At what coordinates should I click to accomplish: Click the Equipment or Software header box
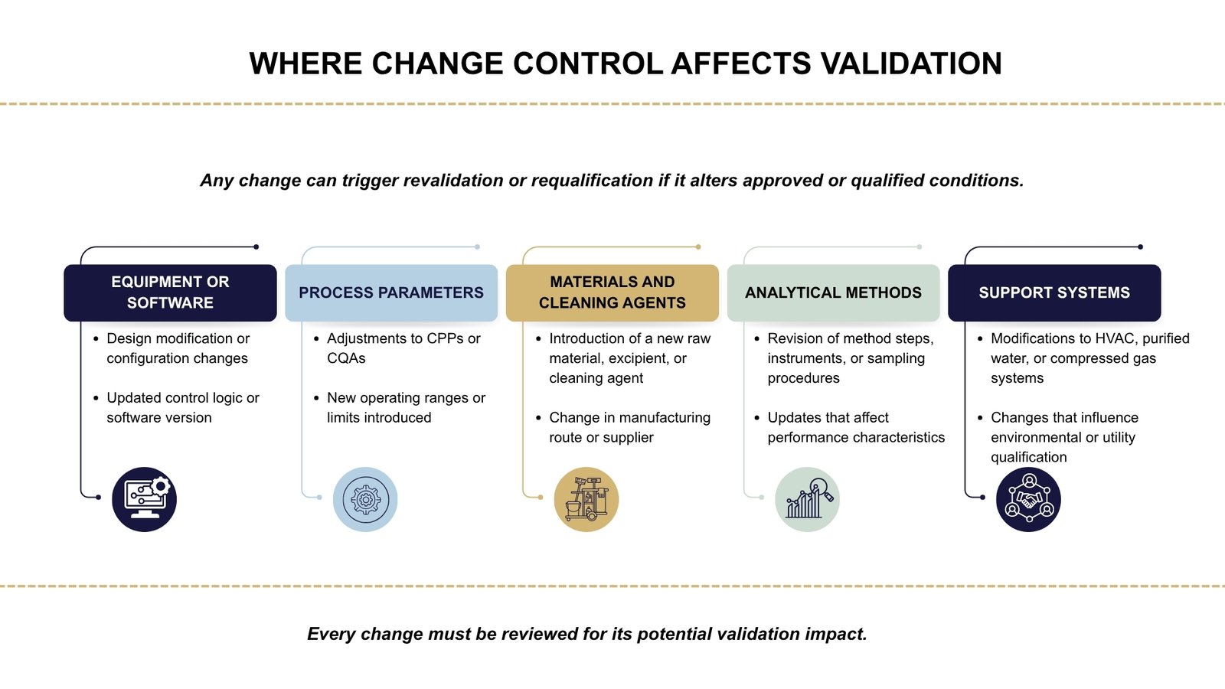point(170,292)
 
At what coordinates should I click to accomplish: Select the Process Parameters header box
point(390,292)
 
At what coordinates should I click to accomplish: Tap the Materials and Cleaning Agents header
point(612,292)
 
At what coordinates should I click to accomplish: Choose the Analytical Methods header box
point(833,292)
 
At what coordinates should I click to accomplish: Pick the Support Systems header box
point(1053,292)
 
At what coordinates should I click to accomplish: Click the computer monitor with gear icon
point(144,499)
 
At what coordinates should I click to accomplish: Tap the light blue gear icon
point(365,499)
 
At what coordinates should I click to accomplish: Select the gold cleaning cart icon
point(586,499)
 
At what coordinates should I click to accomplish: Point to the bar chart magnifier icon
point(807,499)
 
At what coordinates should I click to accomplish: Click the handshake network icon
point(1028,499)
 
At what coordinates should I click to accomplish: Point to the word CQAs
point(346,358)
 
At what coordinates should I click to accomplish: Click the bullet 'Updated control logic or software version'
point(182,407)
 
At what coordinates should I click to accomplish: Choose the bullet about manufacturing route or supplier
point(629,427)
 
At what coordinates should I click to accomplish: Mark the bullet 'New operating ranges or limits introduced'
point(405,407)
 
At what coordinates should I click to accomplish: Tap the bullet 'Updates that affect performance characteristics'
point(855,427)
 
